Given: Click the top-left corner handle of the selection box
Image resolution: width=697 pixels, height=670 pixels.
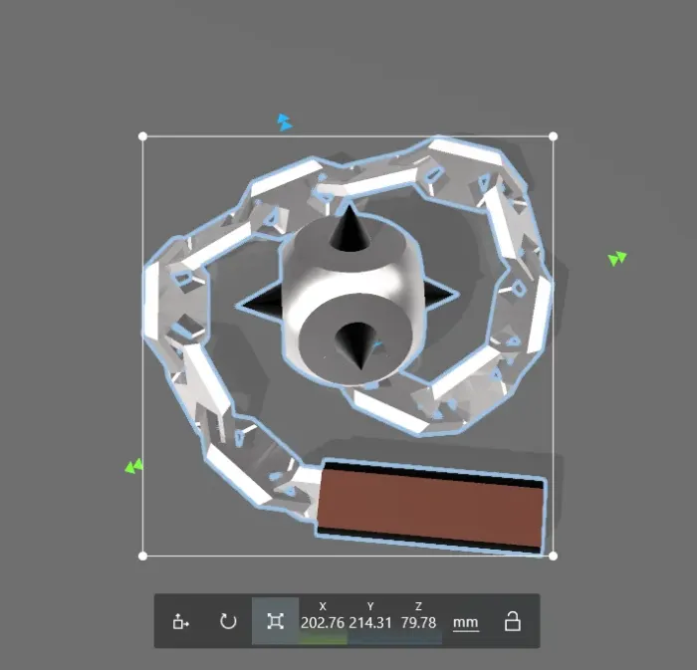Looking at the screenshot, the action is click(x=142, y=136).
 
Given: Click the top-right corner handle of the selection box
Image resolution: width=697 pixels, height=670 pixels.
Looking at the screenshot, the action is click(x=553, y=136).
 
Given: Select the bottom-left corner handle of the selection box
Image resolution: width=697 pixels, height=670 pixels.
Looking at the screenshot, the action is click(x=142, y=556).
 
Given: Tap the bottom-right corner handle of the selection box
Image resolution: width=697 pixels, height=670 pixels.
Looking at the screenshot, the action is click(x=553, y=556).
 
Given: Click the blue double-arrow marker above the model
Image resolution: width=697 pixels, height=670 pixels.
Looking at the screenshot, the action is click(x=285, y=122).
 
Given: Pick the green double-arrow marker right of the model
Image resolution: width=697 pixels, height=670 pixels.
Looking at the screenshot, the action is click(x=617, y=259).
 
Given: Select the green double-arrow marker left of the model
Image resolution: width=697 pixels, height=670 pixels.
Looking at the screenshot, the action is click(x=134, y=467).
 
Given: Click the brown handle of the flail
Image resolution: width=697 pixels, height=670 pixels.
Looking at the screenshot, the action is click(x=431, y=506).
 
